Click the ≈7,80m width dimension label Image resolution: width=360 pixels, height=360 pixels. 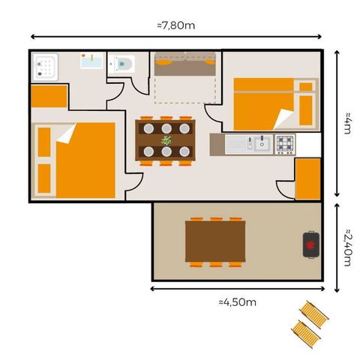(x=177, y=25)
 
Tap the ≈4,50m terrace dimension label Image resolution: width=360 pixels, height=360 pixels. (x=238, y=302)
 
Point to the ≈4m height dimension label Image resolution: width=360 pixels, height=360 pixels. (x=348, y=123)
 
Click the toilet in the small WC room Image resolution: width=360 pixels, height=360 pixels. (x=125, y=64)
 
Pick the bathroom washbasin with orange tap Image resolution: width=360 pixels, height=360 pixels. (x=91, y=61)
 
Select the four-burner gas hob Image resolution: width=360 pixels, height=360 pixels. (x=285, y=142)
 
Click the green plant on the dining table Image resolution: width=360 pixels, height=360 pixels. (x=166, y=139)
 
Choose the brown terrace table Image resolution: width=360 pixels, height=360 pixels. (x=215, y=241)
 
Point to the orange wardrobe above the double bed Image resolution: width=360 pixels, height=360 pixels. (x=49, y=97)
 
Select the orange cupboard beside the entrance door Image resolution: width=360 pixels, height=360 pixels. (x=308, y=178)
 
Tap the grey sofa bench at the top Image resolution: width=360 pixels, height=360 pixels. (x=184, y=67)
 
